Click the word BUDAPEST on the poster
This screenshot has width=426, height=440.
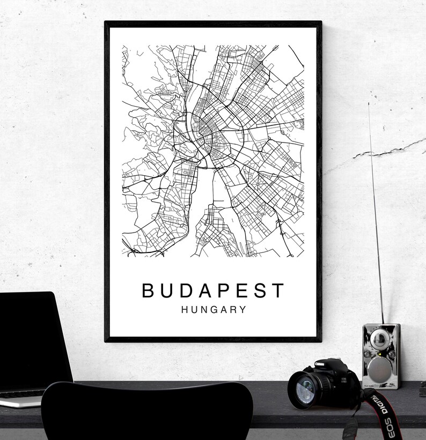click(x=213, y=290)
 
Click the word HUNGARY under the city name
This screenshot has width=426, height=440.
click(x=214, y=310)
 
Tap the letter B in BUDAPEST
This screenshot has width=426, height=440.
click(x=148, y=290)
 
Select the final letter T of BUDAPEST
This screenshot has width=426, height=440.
click(x=278, y=290)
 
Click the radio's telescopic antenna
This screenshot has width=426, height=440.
click(x=376, y=214)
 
